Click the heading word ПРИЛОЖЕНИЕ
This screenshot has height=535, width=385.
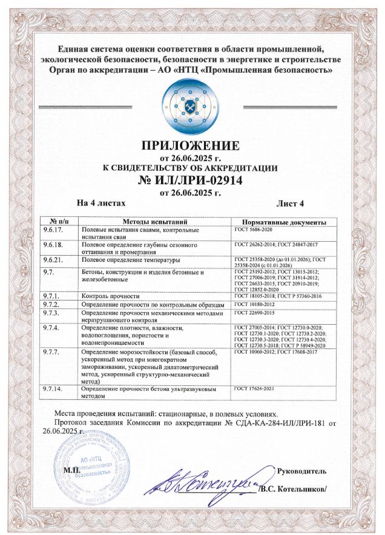(191, 146)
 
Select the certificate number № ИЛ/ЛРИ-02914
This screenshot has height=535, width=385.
(191, 180)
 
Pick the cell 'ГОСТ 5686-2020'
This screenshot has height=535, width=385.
(254, 230)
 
